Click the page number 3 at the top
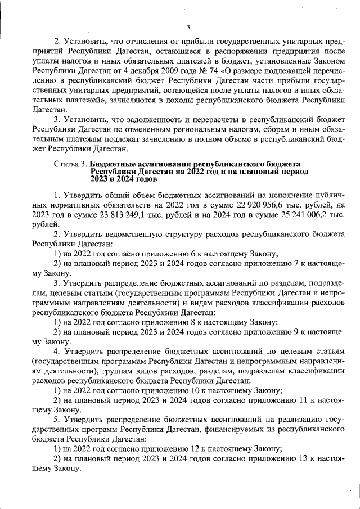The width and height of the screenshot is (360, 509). point(188,26)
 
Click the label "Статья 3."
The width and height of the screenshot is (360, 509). point(70,164)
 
